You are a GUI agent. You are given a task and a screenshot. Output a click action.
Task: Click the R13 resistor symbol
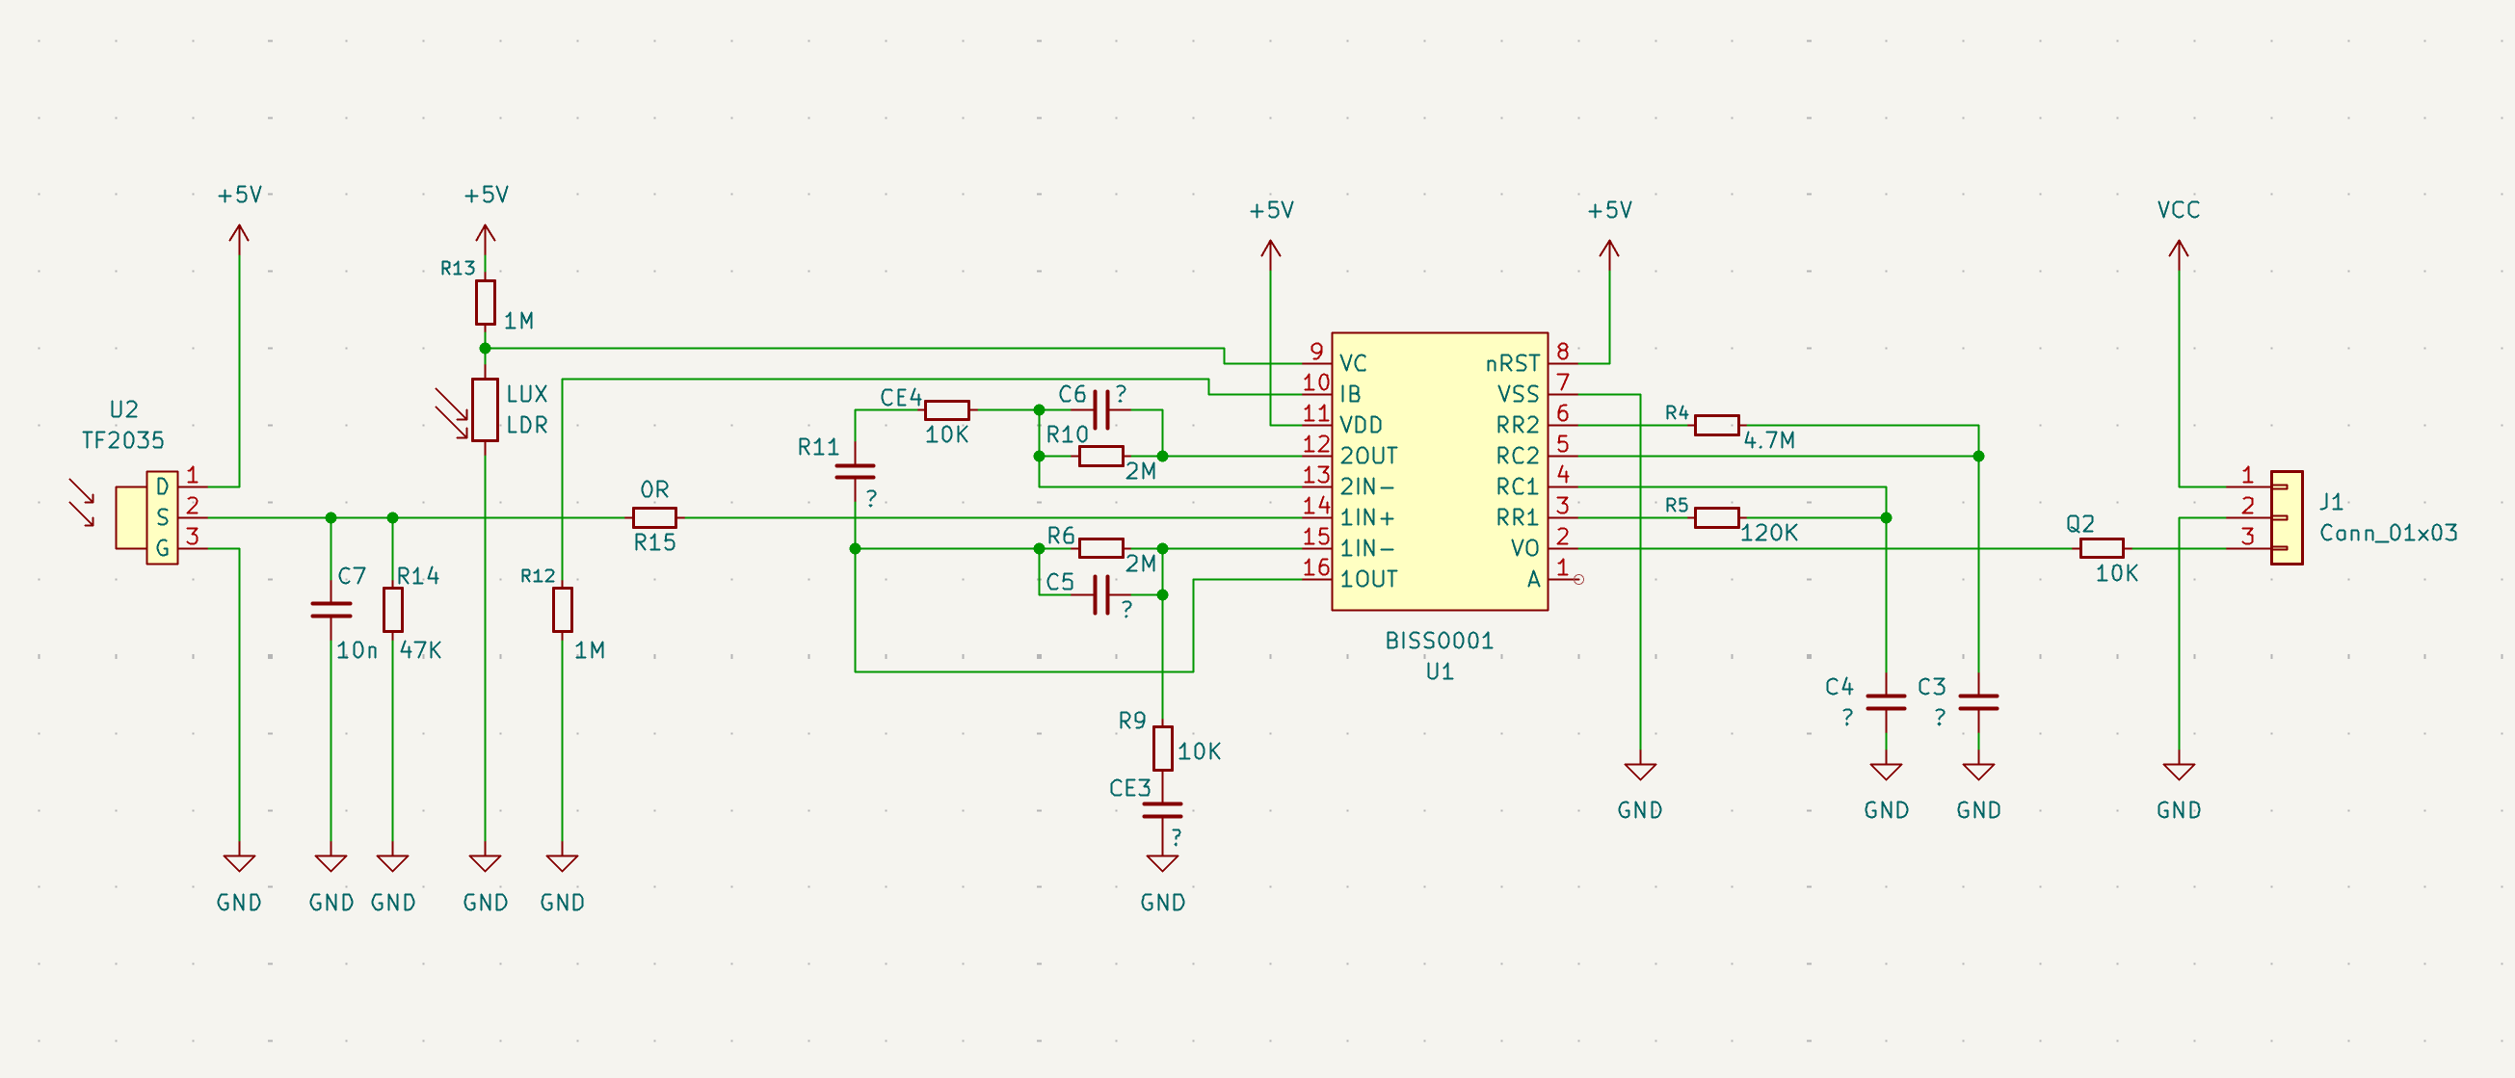coord(486,302)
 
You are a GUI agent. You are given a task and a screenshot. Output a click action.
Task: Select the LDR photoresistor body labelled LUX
coord(486,410)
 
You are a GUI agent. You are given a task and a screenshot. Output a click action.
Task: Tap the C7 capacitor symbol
coord(331,610)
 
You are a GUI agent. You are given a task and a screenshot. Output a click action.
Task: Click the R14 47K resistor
coord(392,609)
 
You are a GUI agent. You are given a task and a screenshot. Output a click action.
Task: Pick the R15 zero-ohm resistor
coord(654,517)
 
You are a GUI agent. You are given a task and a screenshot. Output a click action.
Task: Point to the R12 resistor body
coord(563,609)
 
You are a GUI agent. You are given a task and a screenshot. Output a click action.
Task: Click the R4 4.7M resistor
coord(1716,425)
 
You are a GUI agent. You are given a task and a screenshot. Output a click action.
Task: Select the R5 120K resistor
coord(1716,517)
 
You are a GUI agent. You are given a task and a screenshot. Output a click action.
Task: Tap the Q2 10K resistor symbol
coord(2101,548)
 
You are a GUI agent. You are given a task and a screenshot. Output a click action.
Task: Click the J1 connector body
coord(2287,517)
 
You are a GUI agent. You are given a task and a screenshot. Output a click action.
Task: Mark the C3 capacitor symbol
coord(1978,702)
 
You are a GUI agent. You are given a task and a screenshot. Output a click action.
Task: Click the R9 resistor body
coord(1162,748)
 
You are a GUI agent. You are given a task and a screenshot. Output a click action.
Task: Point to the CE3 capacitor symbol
coord(1162,809)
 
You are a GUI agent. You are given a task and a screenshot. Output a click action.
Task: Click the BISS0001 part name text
coord(1439,641)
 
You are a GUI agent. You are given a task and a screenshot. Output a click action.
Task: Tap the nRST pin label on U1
coord(1511,363)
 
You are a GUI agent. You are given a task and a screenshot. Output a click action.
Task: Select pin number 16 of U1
coord(1316,566)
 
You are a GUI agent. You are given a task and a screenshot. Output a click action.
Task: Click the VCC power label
coord(2178,210)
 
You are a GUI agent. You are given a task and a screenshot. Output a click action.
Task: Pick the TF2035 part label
coord(123,440)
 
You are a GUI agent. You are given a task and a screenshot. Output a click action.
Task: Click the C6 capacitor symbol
coord(1101,410)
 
